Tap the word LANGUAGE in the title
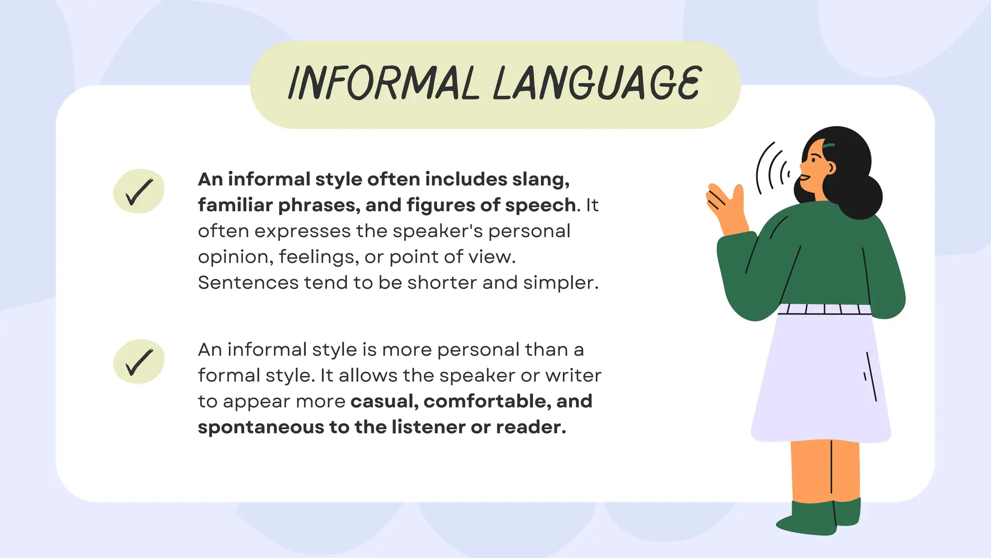597,83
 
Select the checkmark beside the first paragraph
139,191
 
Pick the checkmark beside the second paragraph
139,361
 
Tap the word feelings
318,257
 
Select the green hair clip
829,145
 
